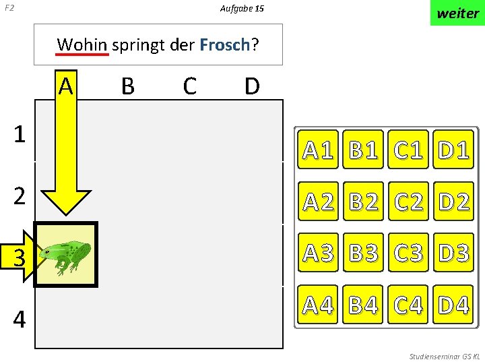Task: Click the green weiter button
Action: pyautogui.click(x=457, y=13)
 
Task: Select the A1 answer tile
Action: pyautogui.click(x=319, y=150)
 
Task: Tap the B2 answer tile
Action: pyautogui.click(x=364, y=201)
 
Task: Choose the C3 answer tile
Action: pyautogui.click(x=408, y=253)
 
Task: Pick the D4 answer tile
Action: pyautogui.click(x=453, y=305)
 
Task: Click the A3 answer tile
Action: pyautogui.click(x=319, y=253)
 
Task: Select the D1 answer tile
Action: pyautogui.click(x=453, y=150)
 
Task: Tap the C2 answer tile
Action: pyautogui.click(x=408, y=201)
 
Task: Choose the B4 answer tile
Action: pyautogui.click(x=364, y=305)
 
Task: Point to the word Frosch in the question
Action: pyautogui.click(x=225, y=45)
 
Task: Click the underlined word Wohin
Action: pyautogui.click(x=82, y=45)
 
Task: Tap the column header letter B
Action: pyautogui.click(x=127, y=86)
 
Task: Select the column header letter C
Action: pyautogui.click(x=189, y=86)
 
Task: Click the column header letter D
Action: pyautogui.click(x=252, y=86)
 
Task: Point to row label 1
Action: pyautogui.click(x=20, y=134)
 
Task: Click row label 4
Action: pyautogui.click(x=20, y=319)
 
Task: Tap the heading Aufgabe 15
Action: pyautogui.click(x=242, y=9)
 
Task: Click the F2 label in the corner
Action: pyautogui.click(x=9, y=9)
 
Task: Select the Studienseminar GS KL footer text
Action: pyautogui.click(x=444, y=356)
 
